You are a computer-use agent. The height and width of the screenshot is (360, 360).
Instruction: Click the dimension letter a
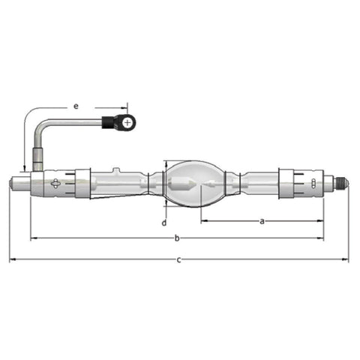pos(262,221)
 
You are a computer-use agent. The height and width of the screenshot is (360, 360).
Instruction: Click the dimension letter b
pos(177,238)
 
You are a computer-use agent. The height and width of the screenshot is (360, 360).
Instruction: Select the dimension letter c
pos(178,260)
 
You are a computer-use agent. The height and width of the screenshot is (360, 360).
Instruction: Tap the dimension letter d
pos(164,223)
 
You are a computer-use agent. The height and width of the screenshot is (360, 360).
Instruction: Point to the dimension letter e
pos(76,106)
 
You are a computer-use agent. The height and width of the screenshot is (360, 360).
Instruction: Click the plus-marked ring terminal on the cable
pos(127,123)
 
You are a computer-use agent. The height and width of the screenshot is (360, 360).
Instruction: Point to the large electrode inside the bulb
pos(180,184)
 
